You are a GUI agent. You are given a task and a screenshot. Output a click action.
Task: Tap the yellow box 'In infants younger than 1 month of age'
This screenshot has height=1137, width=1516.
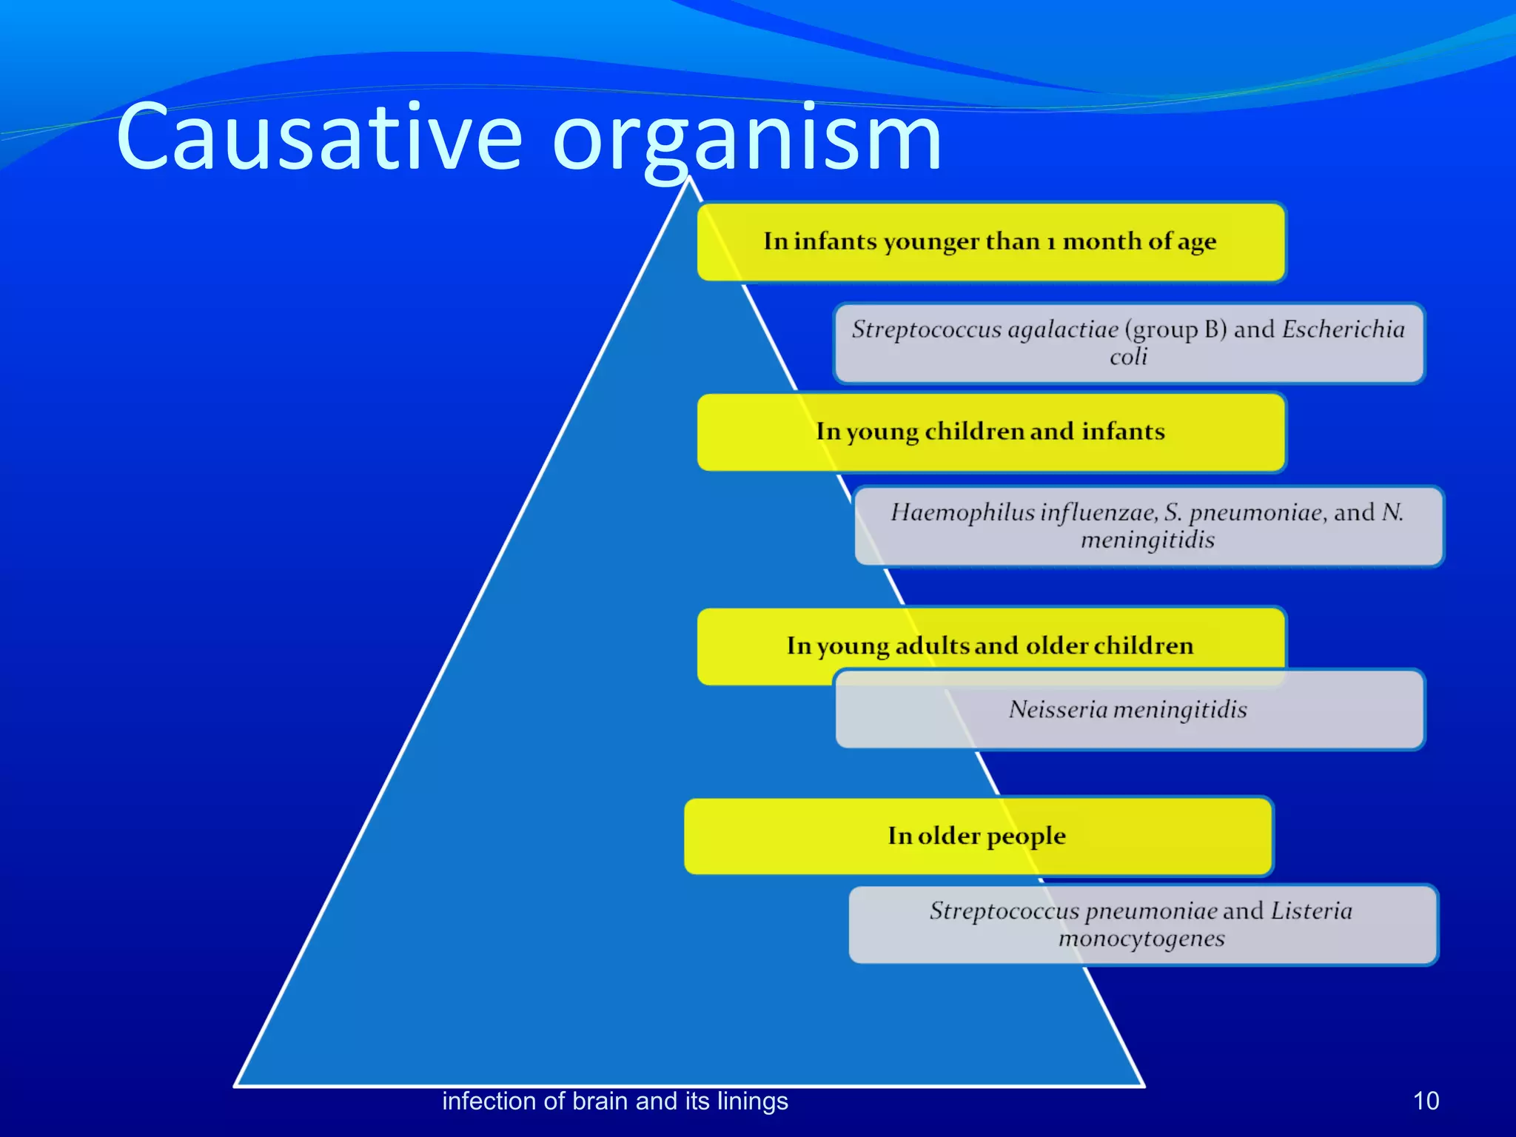(x=990, y=241)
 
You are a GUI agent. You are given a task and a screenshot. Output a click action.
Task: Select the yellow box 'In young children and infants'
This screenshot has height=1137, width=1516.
(x=990, y=432)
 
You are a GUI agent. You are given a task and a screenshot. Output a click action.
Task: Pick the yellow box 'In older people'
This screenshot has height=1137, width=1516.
(x=977, y=836)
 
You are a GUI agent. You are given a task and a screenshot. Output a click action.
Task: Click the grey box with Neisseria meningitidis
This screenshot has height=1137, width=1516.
(x=1128, y=709)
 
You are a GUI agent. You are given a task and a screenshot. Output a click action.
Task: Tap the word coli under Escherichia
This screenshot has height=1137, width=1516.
(x=1128, y=357)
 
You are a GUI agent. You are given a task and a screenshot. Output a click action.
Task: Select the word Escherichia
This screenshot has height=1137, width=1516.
(x=1343, y=329)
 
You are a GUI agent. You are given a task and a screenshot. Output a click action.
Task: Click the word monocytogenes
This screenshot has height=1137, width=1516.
(x=1141, y=939)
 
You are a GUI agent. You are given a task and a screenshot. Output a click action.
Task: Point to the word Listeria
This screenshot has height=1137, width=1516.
(x=1311, y=910)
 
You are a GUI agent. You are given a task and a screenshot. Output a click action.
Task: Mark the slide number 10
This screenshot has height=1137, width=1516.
(x=1426, y=1101)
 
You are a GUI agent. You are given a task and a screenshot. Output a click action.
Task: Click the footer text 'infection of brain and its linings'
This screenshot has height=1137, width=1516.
(x=614, y=1101)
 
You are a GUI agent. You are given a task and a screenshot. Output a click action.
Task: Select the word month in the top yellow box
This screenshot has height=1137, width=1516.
(x=1101, y=241)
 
